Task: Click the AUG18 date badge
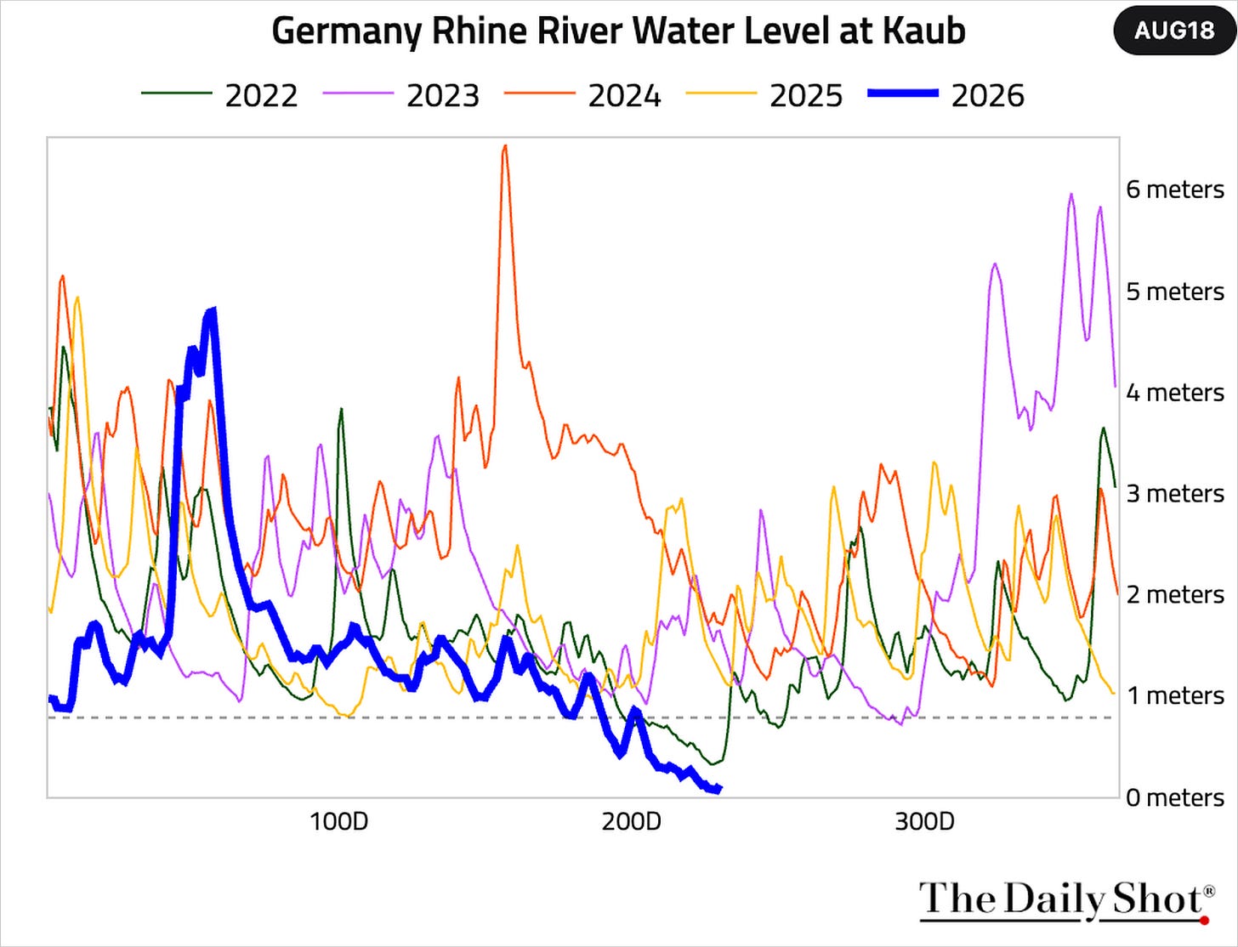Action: pyautogui.click(x=1174, y=31)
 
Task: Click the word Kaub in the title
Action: pyautogui.click(x=923, y=31)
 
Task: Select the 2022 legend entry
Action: pyautogui.click(x=219, y=95)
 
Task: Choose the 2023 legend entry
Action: pyautogui.click(x=401, y=95)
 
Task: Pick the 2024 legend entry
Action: pyautogui.click(x=582, y=95)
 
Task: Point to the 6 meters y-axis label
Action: pyautogui.click(x=1175, y=190)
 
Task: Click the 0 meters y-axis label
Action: pyautogui.click(x=1175, y=798)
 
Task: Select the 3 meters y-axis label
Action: pyautogui.click(x=1175, y=494)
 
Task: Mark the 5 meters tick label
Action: pyautogui.click(x=1175, y=292)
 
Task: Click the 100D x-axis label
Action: pyautogui.click(x=339, y=822)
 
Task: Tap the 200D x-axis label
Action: pyautogui.click(x=632, y=822)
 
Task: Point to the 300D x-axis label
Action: pyautogui.click(x=925, y=822)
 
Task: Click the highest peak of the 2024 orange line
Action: pyautogui.click(x=505, y=146)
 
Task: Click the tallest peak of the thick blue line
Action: pyautogui.click(x=212, y=309)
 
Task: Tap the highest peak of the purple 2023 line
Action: pyautogui.click(x=1071, y=194)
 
